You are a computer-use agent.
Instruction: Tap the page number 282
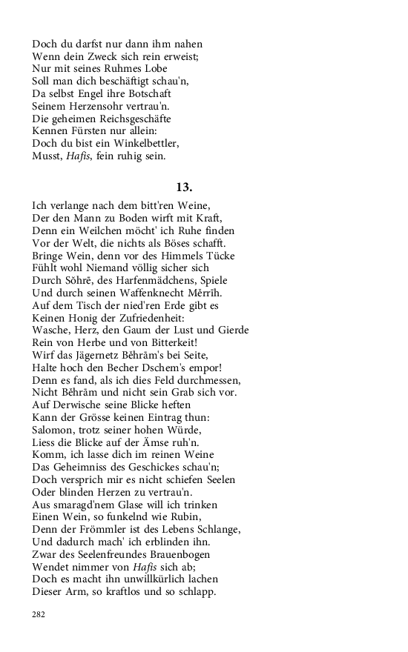point(39,614)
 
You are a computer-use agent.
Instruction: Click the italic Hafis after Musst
point(76,156)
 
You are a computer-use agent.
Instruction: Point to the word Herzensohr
point(103,107)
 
